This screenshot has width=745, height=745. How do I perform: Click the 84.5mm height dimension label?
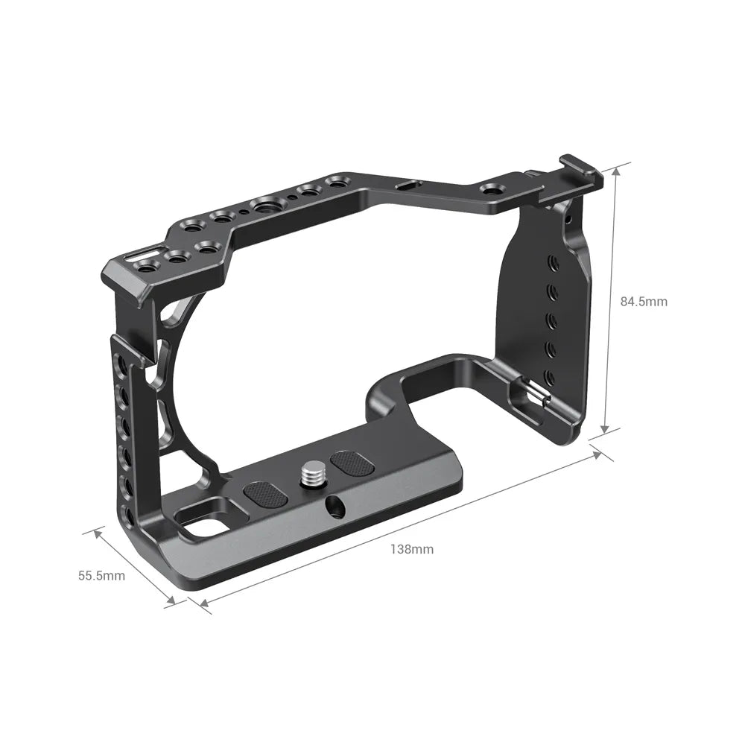[644, 302]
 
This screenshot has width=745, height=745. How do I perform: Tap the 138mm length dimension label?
[411, 550]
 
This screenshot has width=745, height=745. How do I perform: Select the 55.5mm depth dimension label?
[101, 575]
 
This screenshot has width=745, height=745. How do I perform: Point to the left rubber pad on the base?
[266, 495]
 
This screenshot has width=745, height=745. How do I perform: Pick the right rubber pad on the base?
[351, 463]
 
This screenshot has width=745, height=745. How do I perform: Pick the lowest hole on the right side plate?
[550, 375]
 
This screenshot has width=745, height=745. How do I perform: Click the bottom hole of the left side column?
[132, 516]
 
